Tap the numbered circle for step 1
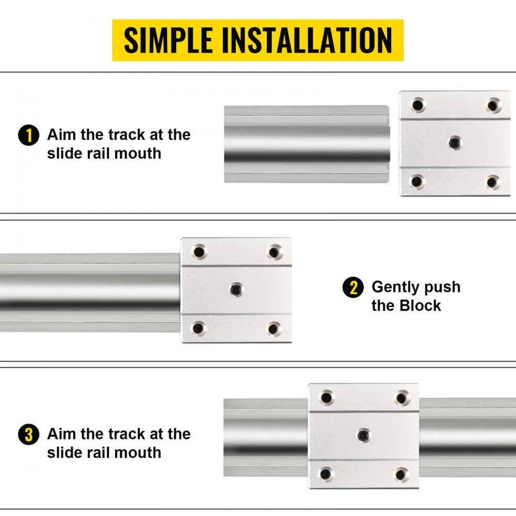point(28,136)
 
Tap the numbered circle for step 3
point(28,435)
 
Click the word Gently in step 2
point(394,287)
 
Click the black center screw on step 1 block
point(454,141)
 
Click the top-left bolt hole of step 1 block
point(417,105)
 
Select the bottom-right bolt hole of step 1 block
point(493,181)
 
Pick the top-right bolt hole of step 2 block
point(274,252)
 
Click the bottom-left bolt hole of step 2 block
point(198,328)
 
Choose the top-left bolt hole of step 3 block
point(326,397)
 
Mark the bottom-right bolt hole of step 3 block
point(402,474)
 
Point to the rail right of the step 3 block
point(467,436)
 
